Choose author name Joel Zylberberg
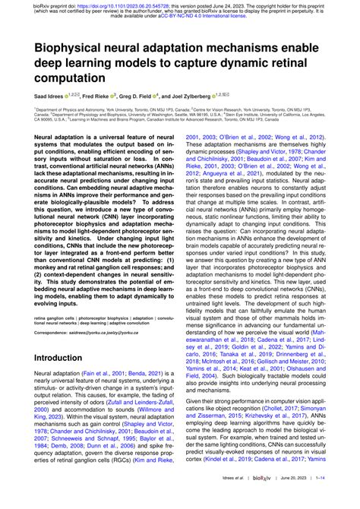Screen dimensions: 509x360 click(x=213, y=96)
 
